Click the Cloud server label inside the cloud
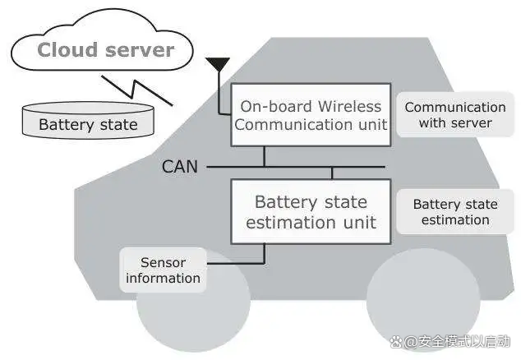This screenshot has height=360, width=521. point(106,50)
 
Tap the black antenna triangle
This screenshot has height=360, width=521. point(218,64)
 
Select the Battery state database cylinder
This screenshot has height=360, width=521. point(88,120)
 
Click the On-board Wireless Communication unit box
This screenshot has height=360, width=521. point(311,115)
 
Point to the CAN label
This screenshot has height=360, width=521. point(180,167)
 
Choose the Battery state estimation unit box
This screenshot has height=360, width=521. point(311,212)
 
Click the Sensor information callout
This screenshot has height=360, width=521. point(163,270)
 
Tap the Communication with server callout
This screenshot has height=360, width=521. point(455,115)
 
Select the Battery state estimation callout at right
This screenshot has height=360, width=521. point(455,212)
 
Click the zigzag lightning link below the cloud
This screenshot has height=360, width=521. point(137,90)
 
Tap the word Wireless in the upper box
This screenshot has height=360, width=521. point(349,106)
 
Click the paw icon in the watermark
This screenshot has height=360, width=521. point(396,341)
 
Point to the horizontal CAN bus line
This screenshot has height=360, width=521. point(296,167)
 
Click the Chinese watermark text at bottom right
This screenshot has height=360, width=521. point(458,341)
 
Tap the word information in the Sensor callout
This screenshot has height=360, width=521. point(163,279)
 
